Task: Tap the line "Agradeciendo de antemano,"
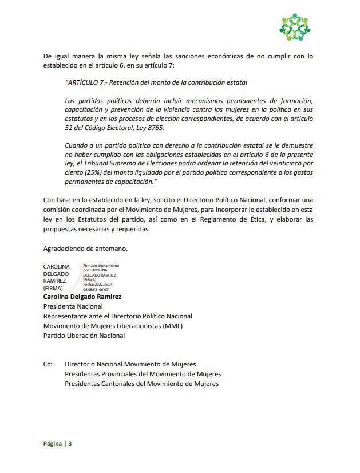tap(85, 249)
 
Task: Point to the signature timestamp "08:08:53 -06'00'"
tap(101, 290)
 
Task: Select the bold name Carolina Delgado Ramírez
tap(82, 297)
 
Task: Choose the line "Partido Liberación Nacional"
tap(84, 336)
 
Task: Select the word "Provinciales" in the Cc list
tap(124, 374)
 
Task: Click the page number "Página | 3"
tap(58, 444)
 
